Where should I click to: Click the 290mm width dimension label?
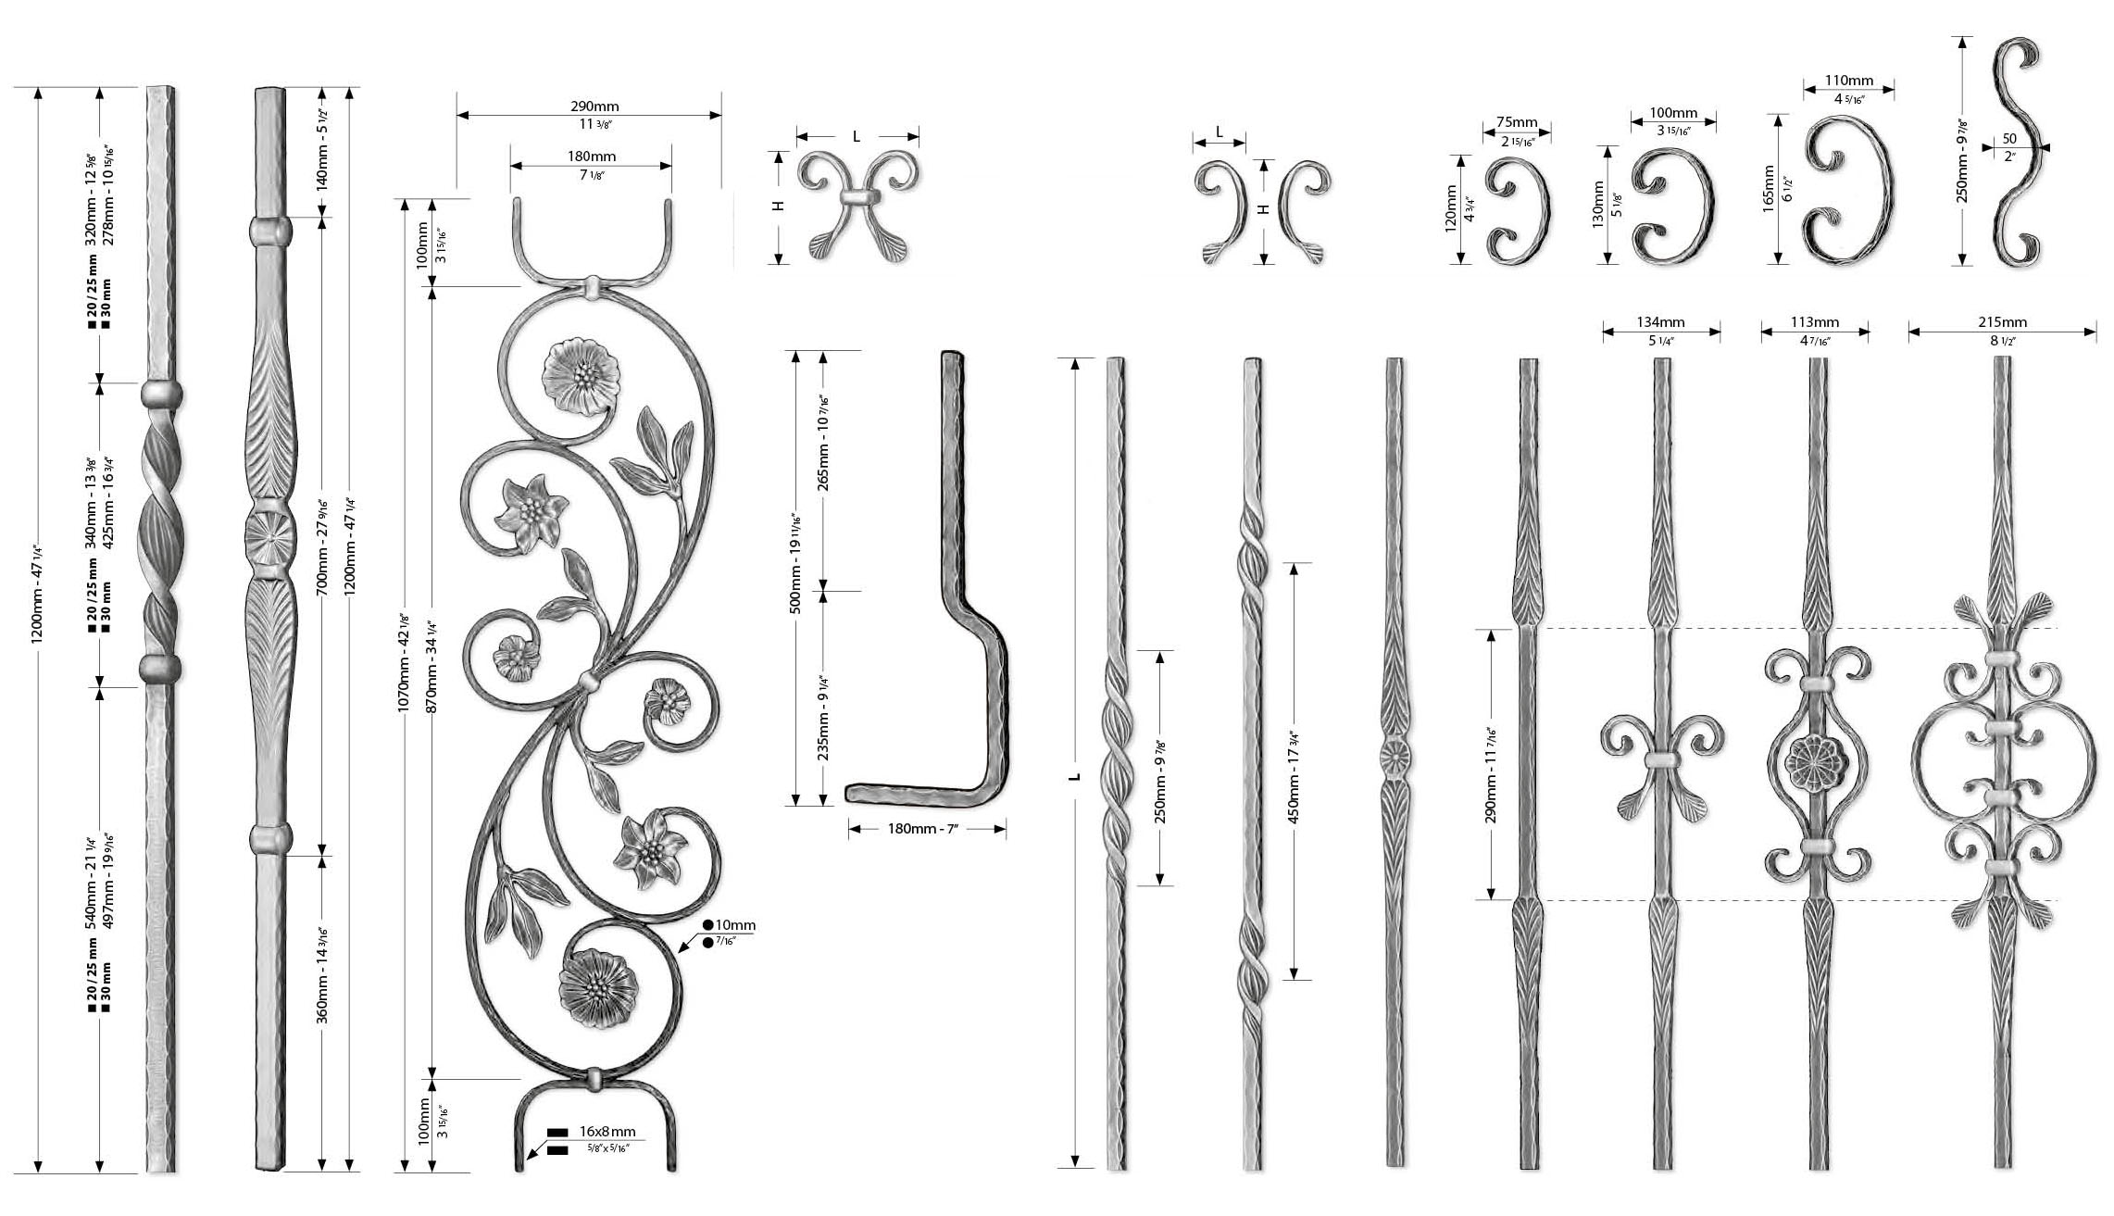tap(588, 107)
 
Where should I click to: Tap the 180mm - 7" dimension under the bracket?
tap(927, 829)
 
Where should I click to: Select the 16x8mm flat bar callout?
tap(607, 1131)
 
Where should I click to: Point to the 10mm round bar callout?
tap(735, 924)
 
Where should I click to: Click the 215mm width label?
tap(2002, 322)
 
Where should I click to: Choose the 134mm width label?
tap(1660, 322)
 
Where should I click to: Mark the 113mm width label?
tap(1814, 322)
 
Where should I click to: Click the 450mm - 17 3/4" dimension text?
tap(1295, 771)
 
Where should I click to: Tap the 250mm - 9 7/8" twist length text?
tap(1159, 767)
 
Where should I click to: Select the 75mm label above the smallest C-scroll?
tap(1517, 122)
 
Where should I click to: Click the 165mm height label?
tap(1769, 188)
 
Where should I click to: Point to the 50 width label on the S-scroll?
tap(2009, 139)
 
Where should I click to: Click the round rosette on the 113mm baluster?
tap(1812, 765)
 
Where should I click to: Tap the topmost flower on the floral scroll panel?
tap(581, 377)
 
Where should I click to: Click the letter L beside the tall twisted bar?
tap(1074, 775)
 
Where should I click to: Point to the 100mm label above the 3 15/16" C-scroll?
tap(1674, 113)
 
